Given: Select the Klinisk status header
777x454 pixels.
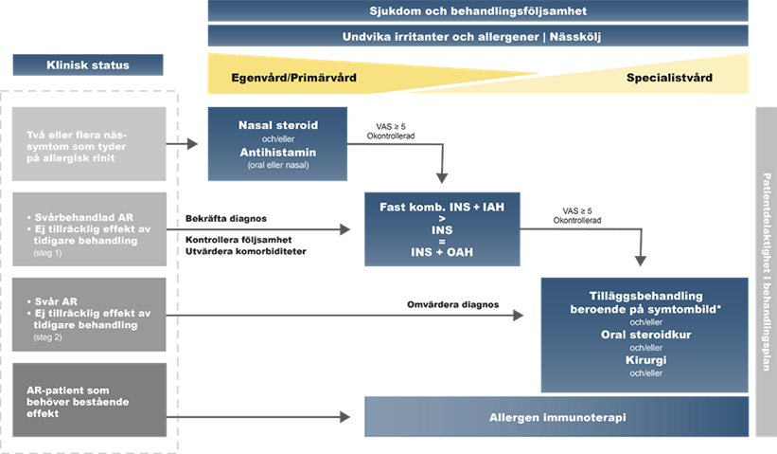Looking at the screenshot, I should pyautogui.click(x=88, y=64).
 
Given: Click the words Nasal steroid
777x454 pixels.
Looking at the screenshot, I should pyautogui.click(x=277, y=125).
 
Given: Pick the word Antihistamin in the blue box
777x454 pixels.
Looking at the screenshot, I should pyautogui.click(x=277, y=152).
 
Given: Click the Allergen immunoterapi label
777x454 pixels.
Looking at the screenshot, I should pyautogui.click(x=557, y=417).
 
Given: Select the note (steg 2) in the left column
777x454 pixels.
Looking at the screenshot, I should pyautogui.click(x=45, y=336).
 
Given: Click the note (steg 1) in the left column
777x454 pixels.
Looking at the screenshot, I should pyautogui.click(x=45, y=252).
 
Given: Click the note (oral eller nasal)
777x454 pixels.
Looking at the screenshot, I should pyautogui.click(x=277, y=165).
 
